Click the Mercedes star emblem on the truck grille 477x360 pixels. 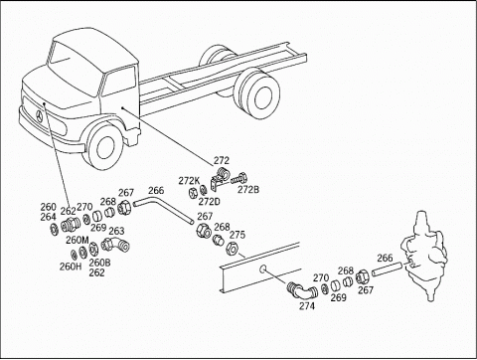40,117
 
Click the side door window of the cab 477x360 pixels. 119,82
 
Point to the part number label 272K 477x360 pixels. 189,181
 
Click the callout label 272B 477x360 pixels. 248,190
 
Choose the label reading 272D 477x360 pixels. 210,201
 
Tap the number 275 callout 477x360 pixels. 238,235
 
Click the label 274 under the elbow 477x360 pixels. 307,306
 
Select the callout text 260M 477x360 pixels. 78,240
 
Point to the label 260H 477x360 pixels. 71,267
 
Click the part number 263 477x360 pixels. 116,231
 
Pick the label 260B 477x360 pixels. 99,263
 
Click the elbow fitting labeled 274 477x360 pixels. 302,290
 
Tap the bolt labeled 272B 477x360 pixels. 239,178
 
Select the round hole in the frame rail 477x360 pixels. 262,269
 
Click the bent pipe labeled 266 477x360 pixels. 163,209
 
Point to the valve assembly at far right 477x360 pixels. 425,256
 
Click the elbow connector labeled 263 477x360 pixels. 115,245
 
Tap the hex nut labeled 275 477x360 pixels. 231,249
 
